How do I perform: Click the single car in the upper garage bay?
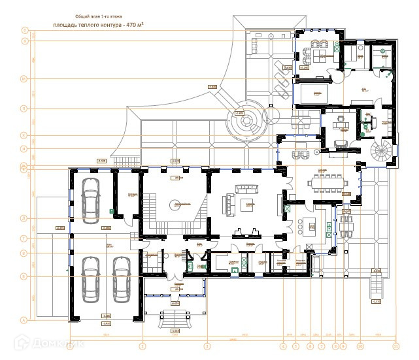pyautogui.click(x=90, y=195)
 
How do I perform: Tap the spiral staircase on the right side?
pyautogui.click(x=382, y=154)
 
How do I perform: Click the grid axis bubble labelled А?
pyautogui.click(x=24, y=320)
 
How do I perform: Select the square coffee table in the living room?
pyautogui.click(x=249, y=205)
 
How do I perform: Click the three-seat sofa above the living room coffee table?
pyautogui.click(x=249, y=190)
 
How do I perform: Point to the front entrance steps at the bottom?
pyautogui.click(x=175, y=319)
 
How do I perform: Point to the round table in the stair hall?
pyautogui.click(x=176, y=204)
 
